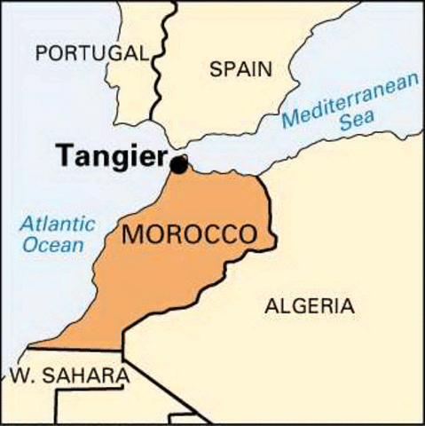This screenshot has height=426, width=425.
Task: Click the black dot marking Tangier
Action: [179, 164]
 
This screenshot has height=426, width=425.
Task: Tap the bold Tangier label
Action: [113, 156]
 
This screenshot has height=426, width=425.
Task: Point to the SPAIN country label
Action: [240, 69]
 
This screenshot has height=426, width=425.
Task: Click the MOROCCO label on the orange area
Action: [189, 235]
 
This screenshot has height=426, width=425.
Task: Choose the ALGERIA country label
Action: [309, 307]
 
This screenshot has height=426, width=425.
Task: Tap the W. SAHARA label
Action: [70, 376]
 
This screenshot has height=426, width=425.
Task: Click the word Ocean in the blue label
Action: [53, 245]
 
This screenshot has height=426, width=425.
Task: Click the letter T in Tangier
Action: [64, 154]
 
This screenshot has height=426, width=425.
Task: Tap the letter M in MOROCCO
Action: [131, 235]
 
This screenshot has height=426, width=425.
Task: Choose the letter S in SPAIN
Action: [216, 69]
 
